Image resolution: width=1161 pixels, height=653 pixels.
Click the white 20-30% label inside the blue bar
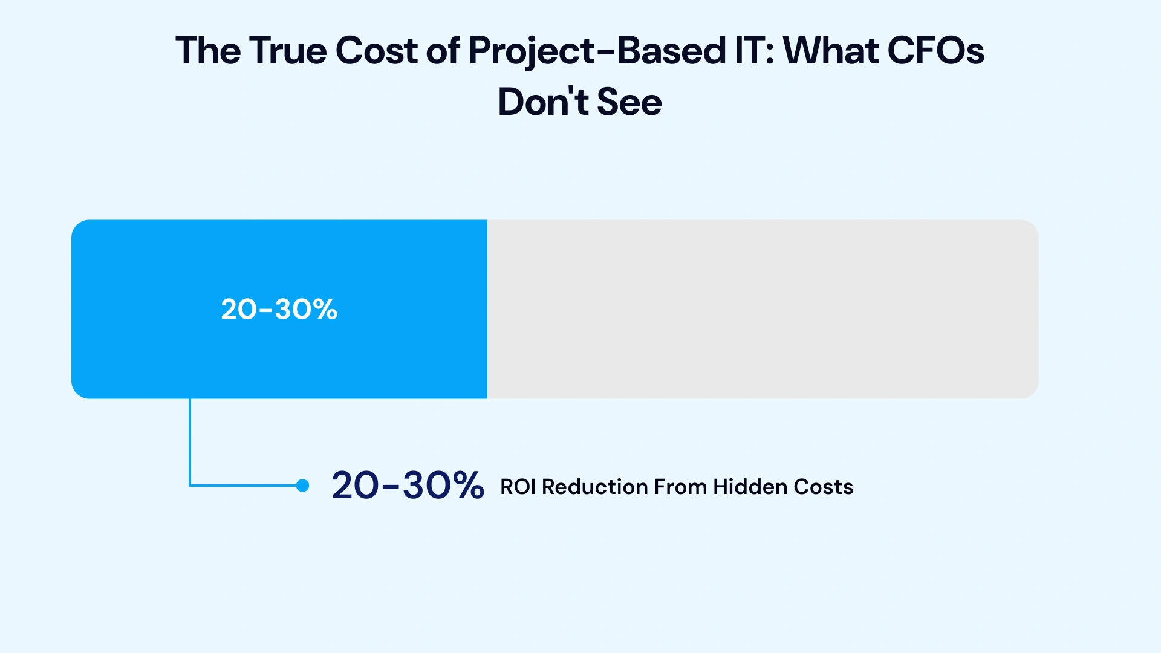click(x=279, y=310)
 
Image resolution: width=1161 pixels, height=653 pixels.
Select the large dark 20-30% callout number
click(x=408, y=486)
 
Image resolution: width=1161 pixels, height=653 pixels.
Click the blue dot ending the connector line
click(x=303, y=486)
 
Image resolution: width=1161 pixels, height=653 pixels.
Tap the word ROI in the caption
click(x=518, y=487)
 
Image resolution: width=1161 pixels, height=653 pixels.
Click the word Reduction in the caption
click(x=595, y=487)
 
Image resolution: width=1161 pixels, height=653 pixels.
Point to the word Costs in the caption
click(x=823, y=487)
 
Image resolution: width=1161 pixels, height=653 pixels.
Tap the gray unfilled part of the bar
click(x=762, y=309)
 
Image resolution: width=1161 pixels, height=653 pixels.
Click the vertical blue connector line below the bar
click(x=190, y=441)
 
